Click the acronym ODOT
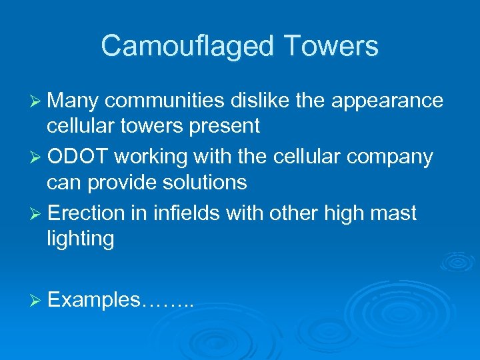coord(78,157)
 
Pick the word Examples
coord(94,301)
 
